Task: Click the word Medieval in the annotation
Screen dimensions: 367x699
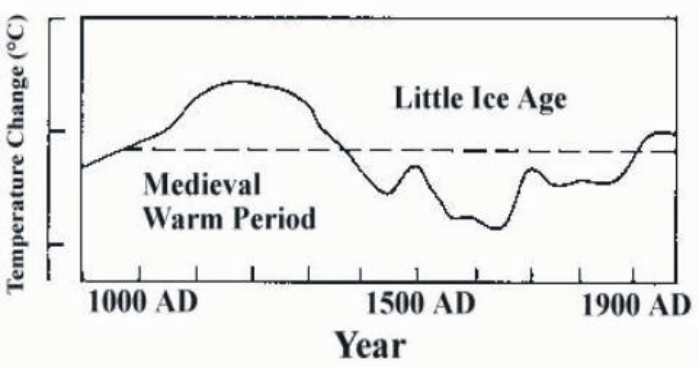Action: click(202, 185)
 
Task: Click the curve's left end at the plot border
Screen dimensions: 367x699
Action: click(82, 166)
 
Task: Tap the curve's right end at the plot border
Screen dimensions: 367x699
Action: click(675, 134)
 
